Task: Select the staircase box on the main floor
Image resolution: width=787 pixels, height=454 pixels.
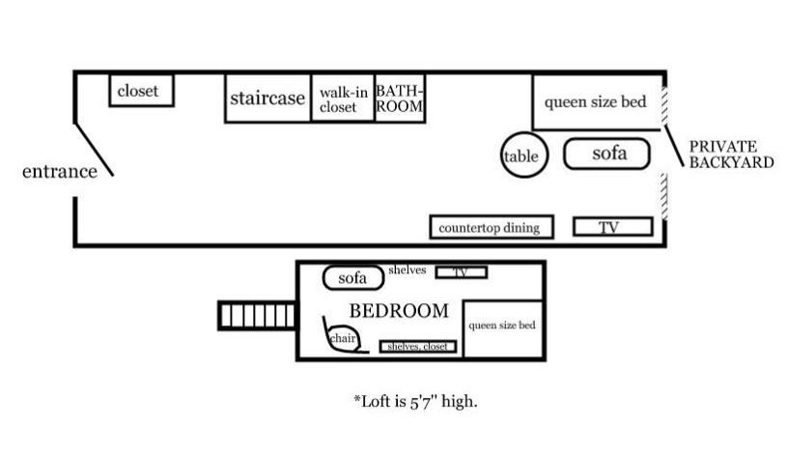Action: tap(267, 98)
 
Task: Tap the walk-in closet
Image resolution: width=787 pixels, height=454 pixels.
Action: tap(342, 99)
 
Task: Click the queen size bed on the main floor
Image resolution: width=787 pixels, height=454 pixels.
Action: tap(596, 101)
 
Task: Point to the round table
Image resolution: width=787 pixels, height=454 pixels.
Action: tap(522, 155)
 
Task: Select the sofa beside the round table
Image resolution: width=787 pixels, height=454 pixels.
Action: tap(607, 154)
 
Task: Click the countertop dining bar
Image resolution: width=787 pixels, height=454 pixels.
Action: tap(492, 227)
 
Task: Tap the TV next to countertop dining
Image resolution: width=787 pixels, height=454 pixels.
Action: tap(612, 227)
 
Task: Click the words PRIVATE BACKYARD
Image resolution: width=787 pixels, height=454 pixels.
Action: tap(731, 155)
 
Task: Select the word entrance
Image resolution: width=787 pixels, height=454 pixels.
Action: tap(60, 172)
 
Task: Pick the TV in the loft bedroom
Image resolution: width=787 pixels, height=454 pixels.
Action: tap(461, 272)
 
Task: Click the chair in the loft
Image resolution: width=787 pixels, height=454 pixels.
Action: tap(342, 339)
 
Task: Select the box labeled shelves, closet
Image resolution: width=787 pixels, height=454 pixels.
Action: tap(418, 346)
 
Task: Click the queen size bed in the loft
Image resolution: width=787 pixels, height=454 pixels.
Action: tap(502, 326)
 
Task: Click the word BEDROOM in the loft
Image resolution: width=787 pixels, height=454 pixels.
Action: tap(399, 311)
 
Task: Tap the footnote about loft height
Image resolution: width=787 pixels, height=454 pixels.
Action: tap(415, 399)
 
